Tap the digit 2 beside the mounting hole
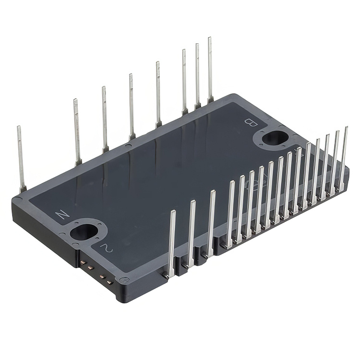coord(106,247)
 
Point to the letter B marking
coord(250,122)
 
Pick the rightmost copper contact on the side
coord(110,282)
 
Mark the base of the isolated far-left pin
coord(23,190)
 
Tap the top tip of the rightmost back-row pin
coord(210,38)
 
